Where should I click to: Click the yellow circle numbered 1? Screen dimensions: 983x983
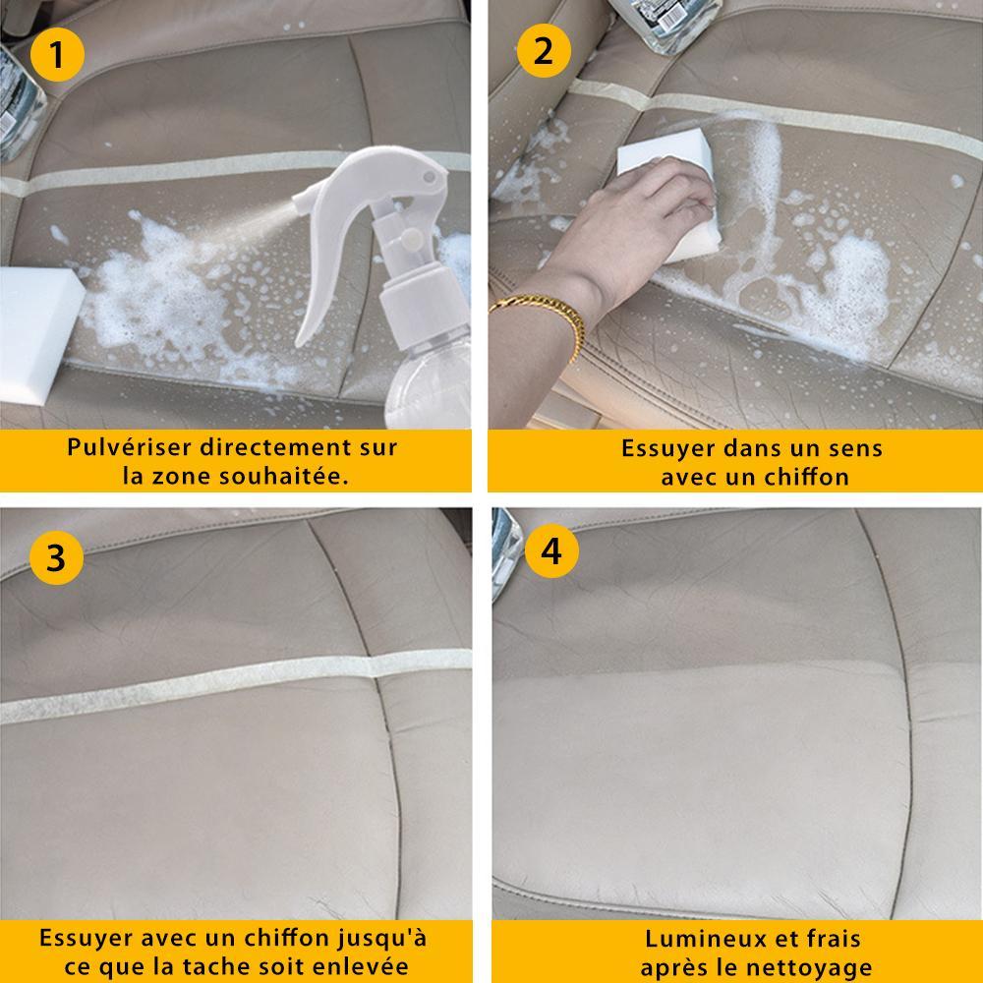[x=57, y=54]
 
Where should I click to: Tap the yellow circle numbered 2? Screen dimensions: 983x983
[x=544, y=51]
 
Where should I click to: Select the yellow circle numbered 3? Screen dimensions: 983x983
[x=56, y=557]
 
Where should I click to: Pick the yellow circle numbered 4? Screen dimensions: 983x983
[x=551, y=551]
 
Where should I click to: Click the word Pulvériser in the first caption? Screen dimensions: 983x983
[x=129, y=447]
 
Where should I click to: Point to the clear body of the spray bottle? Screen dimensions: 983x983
[x=429, y=382]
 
